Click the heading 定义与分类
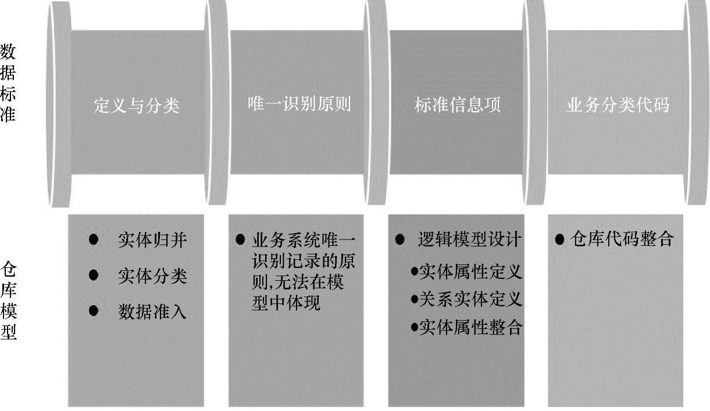(x=137, y=106)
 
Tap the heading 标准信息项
(x=457, y=105)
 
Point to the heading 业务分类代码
(x=618, y=104)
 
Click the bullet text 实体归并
(x=152, y=240)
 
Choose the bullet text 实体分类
(x=152, y=276)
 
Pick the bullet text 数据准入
(x=152, y=312)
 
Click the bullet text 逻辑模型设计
(x=470, y=240)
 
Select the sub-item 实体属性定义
(x=470, y=271)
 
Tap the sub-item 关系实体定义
(x=470, y=299)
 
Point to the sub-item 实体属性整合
(x=470, y=327)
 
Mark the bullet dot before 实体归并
(x=94, y=239)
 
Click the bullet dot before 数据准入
(x=94, y=311)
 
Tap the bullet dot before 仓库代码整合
(x=560, y=240)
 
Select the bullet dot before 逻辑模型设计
(x=399, y=240)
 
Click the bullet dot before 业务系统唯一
(x=240, y=240)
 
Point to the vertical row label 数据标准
(x=8, y=83)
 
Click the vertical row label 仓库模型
(x=8, y=301)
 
